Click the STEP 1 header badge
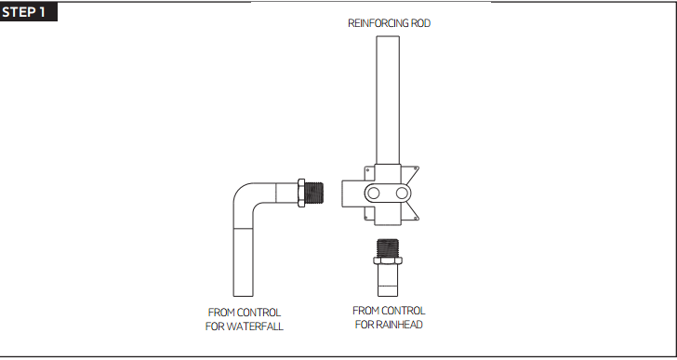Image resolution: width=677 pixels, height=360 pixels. tap(29, 11)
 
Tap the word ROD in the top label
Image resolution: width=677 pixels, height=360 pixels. tap(419, 23)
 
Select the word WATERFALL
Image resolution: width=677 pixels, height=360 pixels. tap(253, 327)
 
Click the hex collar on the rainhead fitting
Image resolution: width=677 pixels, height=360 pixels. tap(389, 265)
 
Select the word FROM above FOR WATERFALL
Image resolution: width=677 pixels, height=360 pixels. tap(221, 313)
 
